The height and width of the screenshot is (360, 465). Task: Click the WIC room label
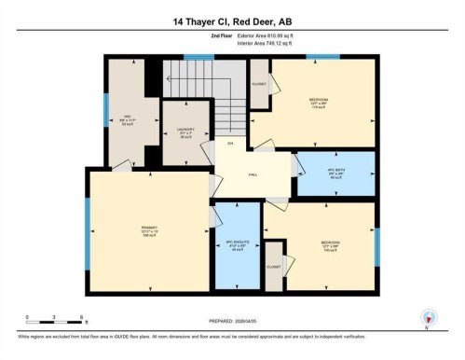[x=129, y=118]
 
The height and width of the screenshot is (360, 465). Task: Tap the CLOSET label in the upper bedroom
[x=259, y=83]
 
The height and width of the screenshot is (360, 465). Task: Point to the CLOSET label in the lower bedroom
[x=273, y=266]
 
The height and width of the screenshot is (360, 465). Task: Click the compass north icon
[x=428, y=317]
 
